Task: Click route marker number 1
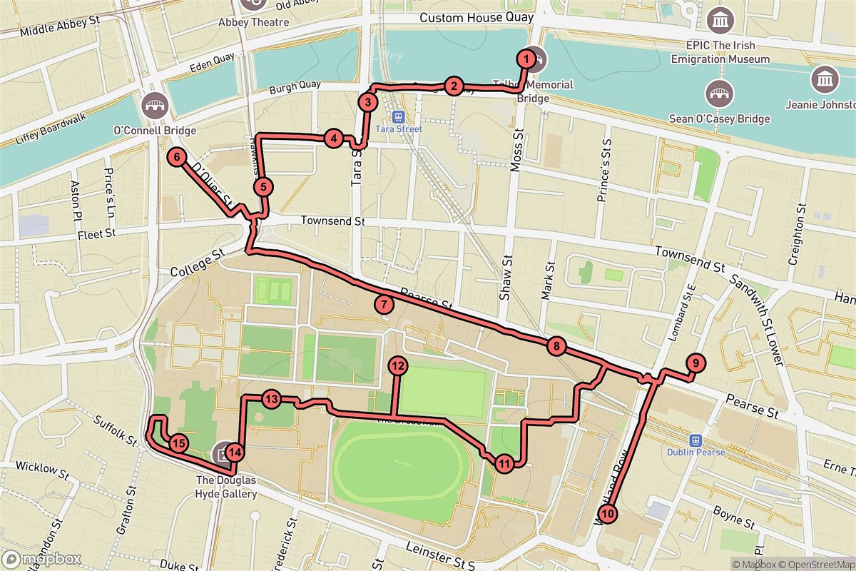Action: coord(526,59)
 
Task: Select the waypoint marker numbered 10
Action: coord(607,512)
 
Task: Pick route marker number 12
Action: coord(397,366)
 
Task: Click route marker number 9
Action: coord(694,363)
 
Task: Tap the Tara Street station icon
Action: coord(398,116)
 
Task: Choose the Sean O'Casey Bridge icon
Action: coord(719,93)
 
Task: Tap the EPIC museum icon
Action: coord(720,20)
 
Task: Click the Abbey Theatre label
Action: coord(254,22)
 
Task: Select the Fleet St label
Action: coord(96,233)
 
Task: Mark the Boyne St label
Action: coord(735,518)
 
